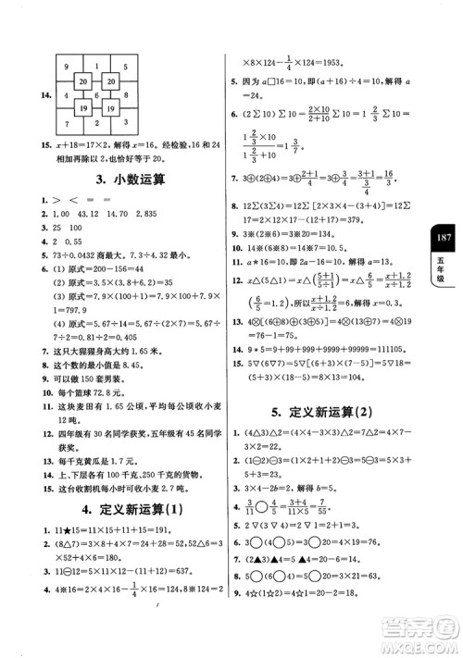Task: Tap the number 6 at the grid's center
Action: [94, 94]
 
